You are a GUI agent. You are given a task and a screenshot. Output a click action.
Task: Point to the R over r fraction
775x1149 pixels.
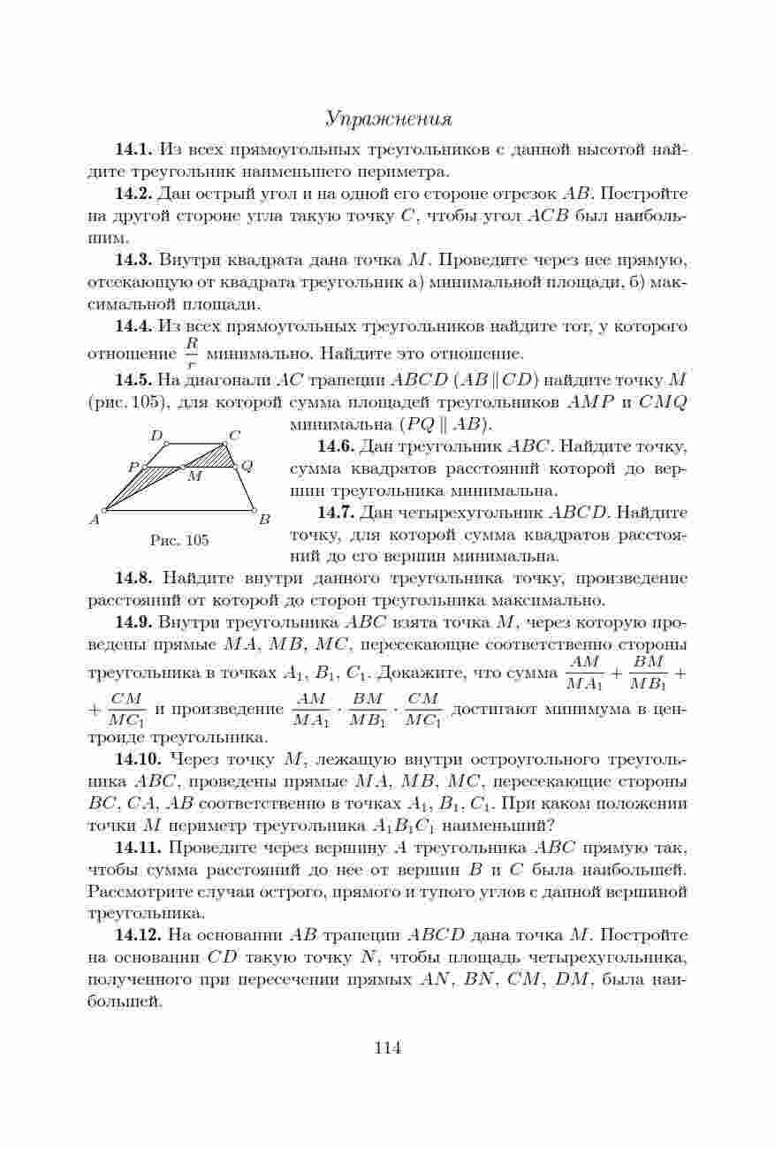pyautogui.click(x=190, y=351)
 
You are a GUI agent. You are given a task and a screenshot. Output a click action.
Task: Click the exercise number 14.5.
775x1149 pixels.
pyautogui.click(x=134, y=381)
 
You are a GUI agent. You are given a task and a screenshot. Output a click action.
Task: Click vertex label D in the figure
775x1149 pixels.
pyautogui.click(x=156, y=435)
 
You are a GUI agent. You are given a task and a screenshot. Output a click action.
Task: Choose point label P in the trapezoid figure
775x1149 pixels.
pyautogui.click(x=133, y=467)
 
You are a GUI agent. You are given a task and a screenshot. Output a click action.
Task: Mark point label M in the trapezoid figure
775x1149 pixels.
pyautogui.click(x=194, y=476)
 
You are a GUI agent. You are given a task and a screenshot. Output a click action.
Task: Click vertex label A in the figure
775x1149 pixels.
pyautogui.click(x=95, y=519)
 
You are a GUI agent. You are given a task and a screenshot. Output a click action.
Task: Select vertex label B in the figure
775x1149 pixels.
pyautogui.click(x=263, y=519)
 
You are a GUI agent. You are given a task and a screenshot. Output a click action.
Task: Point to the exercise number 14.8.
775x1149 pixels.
pyautogui.click(x=134, y=579)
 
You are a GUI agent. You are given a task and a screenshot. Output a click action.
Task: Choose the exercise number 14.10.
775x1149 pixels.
pyautogui.click(x=139, y=760)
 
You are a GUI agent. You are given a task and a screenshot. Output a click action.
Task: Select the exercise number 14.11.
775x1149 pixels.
pyautogui.click(x=139, y=848)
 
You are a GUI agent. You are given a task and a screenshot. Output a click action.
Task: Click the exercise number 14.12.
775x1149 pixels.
pyautogui.click(x=139, y=934)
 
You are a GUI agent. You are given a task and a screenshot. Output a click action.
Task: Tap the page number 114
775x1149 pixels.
pyautogui.click(x=387, y=1048)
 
